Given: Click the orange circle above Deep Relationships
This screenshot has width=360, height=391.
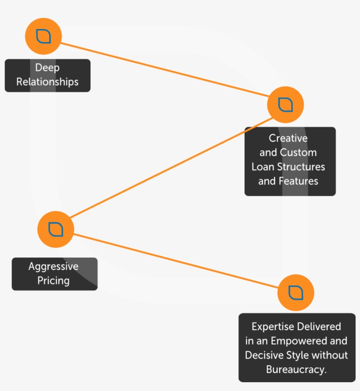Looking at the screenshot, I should tap(43, 36).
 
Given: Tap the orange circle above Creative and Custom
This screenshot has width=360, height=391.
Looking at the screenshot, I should tap(285, 105).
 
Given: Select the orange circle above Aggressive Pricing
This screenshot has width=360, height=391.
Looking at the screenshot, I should tap(56, 229).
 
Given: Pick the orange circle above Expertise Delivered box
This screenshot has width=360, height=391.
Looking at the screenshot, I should tap(296, 293).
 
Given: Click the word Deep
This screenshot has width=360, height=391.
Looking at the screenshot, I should tap(47, 68).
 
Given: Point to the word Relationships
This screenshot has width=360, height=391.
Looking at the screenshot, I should tap(47, 82).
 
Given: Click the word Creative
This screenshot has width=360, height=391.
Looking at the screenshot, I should tap(288, 138).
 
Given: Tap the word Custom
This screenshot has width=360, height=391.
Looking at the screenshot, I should tap(298, 153).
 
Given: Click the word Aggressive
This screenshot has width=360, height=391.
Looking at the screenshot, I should tap(54, 267).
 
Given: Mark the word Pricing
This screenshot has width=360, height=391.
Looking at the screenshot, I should tap(54, 281).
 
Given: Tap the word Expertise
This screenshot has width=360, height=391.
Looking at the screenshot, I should tap(273, 327).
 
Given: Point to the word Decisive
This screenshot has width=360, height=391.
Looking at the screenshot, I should tap(266, 355).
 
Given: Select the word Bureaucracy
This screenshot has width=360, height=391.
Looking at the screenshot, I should tap(296, 369).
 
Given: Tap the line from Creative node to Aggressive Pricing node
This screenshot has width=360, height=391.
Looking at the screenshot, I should tap(171, 167).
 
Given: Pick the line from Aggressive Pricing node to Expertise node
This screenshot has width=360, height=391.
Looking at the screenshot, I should tap(176, 261).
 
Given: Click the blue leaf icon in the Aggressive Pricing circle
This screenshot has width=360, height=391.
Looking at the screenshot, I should tap(56, 229).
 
